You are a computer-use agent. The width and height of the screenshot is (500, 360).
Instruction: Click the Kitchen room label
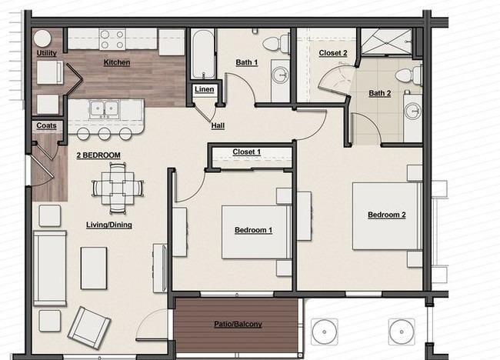(x=117, y=62)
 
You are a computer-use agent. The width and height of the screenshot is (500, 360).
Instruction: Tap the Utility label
(x=47, y=53)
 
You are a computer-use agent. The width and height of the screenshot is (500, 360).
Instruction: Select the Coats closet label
(x=46, y=125)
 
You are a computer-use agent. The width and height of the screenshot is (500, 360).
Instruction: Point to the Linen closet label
(x=204, y=89)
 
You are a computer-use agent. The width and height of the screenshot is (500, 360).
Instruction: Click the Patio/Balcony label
(x=238, y=325)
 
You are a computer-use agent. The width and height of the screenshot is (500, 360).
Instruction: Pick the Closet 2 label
(x=333, y=53)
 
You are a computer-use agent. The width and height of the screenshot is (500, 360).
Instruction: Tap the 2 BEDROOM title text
(x=98, y=155)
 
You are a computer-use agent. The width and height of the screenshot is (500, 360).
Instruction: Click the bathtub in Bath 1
(x=203, y=54)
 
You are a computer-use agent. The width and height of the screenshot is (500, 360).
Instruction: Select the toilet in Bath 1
(x=276, y=43)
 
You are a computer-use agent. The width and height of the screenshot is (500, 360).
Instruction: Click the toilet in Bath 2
(x=408, y=75)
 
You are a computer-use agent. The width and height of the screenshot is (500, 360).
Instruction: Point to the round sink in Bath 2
(x=413, y=112)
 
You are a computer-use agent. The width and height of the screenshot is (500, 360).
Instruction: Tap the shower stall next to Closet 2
(x=387, y=42)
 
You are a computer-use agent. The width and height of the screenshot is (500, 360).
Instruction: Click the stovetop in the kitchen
(x=112, y=39)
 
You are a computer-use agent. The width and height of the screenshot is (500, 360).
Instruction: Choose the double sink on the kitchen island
(x=105, y=109)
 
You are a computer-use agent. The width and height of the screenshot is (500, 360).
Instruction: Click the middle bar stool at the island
(x=105, y=134)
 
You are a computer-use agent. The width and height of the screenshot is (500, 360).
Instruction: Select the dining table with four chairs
(x=118, y=188)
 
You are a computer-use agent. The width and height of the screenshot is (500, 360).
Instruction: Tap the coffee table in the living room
(x=94, y=268)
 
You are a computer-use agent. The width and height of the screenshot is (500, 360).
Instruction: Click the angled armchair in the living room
(x=89, y=328)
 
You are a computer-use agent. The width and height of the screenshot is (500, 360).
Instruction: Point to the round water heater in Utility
(x=42, y=38)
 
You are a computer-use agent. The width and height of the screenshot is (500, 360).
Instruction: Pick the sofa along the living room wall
(x=50, y=268)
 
